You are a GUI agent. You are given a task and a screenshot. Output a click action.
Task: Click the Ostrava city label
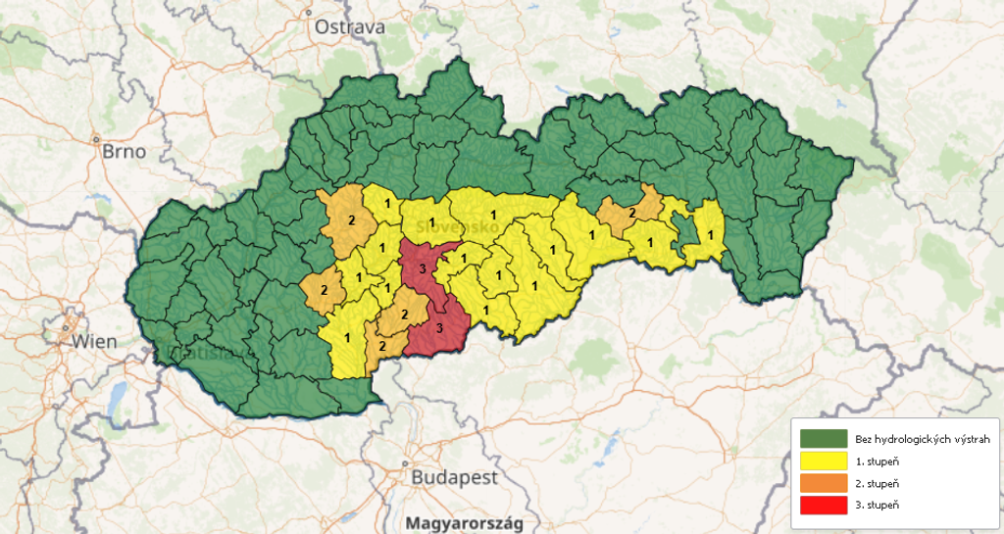(349, 26)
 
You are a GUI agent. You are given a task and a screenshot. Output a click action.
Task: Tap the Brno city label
(124, 152)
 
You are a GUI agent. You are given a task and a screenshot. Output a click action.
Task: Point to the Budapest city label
(454, 478)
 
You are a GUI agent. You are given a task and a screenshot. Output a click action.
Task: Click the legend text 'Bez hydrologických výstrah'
(916, 438)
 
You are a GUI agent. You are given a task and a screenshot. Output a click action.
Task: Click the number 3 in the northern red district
(422, 269)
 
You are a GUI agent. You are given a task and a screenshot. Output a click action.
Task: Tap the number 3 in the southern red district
(439, 327)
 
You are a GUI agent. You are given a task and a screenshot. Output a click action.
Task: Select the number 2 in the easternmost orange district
(632, 213)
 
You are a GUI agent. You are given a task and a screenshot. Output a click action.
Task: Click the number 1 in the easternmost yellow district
(710, 234)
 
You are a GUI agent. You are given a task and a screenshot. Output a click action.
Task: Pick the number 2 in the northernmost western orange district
(351, 219)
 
